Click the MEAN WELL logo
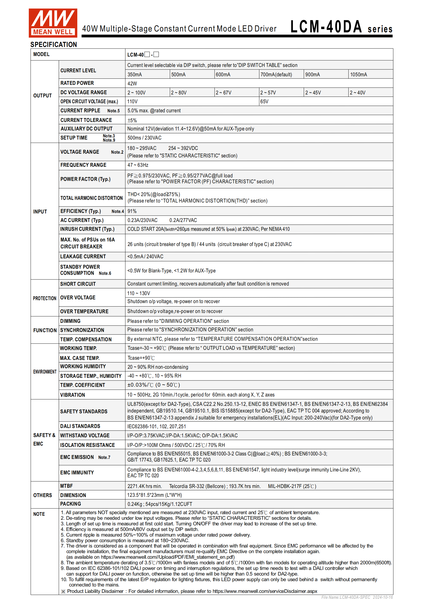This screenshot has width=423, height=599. click(53, 23)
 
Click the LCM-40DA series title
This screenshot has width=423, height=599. click(341, 27)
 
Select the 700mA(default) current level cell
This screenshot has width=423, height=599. click(276, 75)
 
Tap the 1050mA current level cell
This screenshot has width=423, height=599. click(358, 75)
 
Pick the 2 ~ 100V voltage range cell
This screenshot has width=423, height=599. click(136, 93)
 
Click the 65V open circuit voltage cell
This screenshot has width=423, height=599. click(264, 102)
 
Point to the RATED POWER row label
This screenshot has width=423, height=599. click(77, 83)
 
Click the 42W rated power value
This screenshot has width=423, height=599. click(132, 84)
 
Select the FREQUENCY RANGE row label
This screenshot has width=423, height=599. click(83, 165)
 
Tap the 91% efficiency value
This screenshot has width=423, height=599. click(132, 211)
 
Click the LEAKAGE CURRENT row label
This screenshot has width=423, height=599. click(83, 257)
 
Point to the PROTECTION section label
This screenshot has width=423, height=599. click(45, 298)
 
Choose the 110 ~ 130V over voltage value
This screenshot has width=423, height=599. click(139, 293)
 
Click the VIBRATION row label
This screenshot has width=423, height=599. click(72, 395)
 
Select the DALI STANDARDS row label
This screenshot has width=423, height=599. click(80, 426)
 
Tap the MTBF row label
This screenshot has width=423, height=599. click(66, 486)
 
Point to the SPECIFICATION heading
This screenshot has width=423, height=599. click(54, 45)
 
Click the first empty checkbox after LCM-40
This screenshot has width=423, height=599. click(147, 54)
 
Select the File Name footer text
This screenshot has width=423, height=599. click(357, 597)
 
